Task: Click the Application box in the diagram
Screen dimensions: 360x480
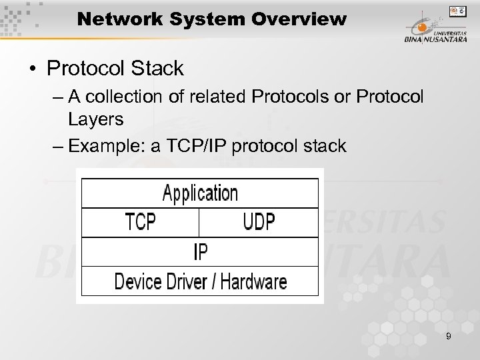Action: pyautogui.click(x=199, y=193)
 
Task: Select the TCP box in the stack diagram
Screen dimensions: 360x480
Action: pyautogui.click(x=140, y=222)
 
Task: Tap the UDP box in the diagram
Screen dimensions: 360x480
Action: pyautogui.click(x=259, y=222)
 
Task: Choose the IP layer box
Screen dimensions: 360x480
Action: pyautogui.click(x=199, y=251)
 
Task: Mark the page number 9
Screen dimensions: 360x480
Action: pyautogui.click(x=448, y=336)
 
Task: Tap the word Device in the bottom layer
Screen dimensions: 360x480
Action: pyautogui.click(x=136, y=280)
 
